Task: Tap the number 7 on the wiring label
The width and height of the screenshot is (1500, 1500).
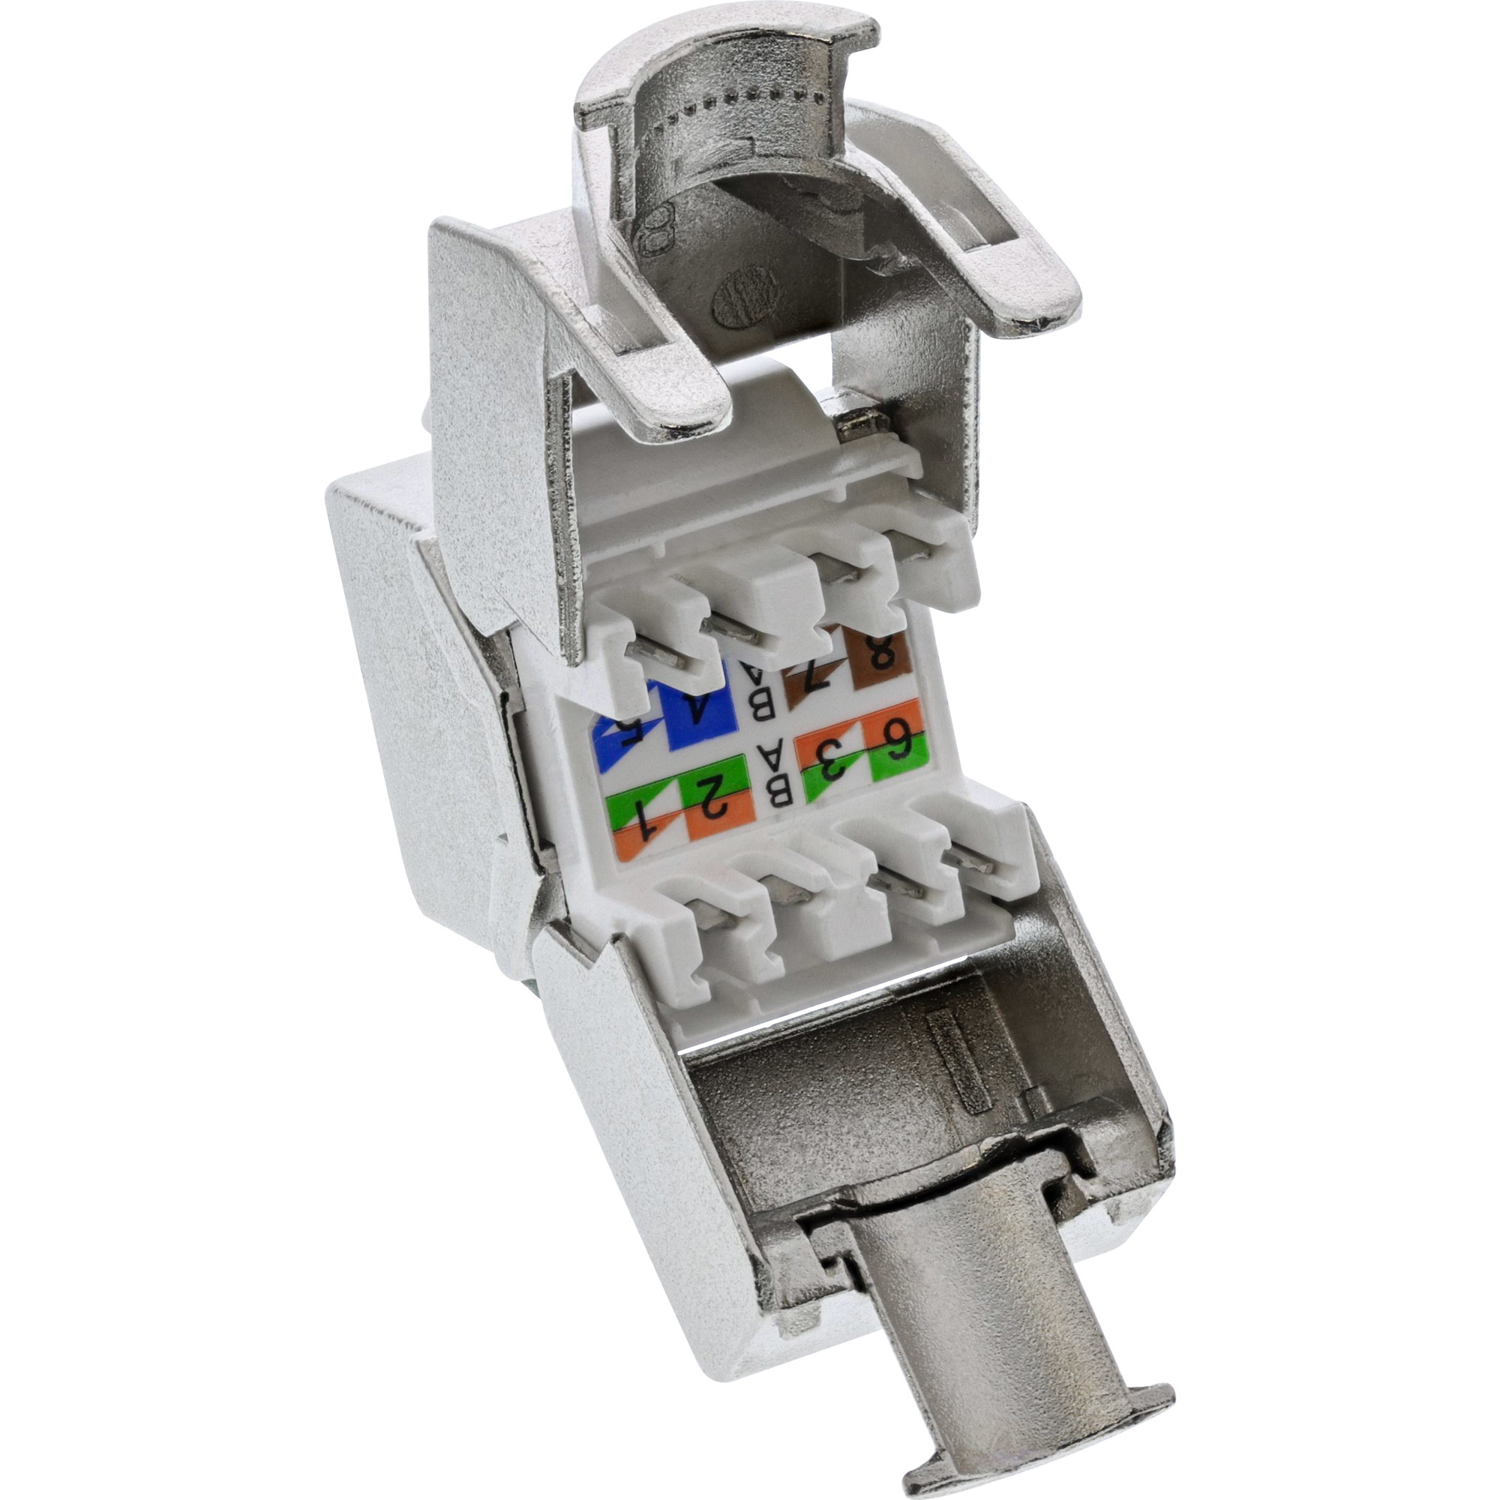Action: [x=808, y=683]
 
